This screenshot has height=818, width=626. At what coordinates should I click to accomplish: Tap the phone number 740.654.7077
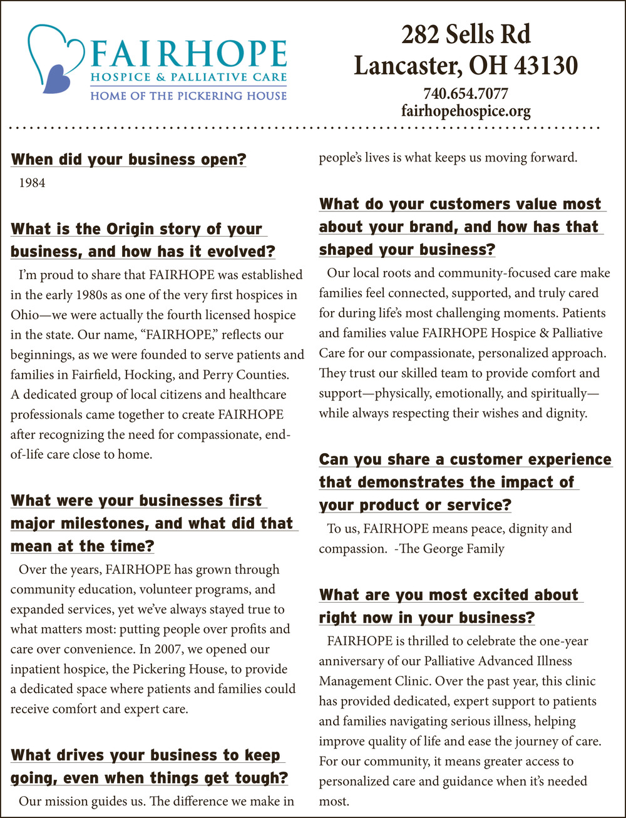pyautogui.click(x=465, y=94)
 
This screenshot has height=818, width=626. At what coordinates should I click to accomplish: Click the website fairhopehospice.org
pyautogui.click(x=465, y=111)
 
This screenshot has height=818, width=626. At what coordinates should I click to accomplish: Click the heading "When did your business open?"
pyautogui.click(x=128, y=159)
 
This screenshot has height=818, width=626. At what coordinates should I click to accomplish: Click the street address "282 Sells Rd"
pyautogui.click(x=465, y=35)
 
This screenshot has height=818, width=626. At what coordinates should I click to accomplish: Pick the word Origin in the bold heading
pyautogui.click(x=107, y=229)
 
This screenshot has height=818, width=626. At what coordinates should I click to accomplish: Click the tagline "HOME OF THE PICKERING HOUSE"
pyautogui.click(x=188, y=96)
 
